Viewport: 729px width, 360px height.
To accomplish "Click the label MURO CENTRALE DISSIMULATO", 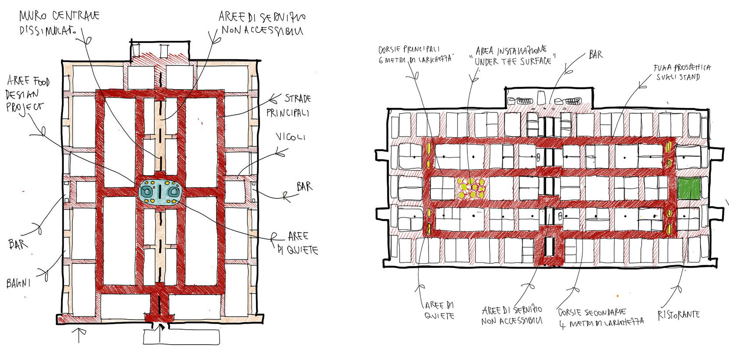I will click(x=59, y=23).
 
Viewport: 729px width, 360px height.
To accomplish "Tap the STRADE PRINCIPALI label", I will click(x=288, y=105).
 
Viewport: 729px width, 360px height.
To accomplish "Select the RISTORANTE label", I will click(x=678, y=314).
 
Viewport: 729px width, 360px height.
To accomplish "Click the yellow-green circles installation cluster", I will click(x=470, y=188).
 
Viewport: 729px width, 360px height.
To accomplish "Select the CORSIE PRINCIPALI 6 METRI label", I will click(x=415, y=54).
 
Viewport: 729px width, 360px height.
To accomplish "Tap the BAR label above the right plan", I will click(x=595, y=54).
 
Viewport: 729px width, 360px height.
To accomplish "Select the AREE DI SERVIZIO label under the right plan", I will click(x=512, y=315).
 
